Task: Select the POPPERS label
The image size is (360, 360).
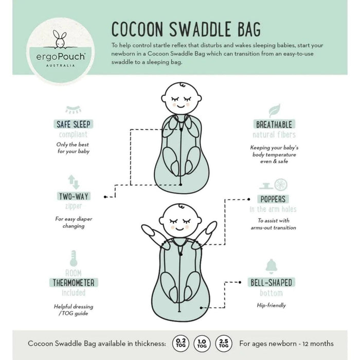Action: coord(273,199)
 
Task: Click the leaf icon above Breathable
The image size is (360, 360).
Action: coord(275,110)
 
